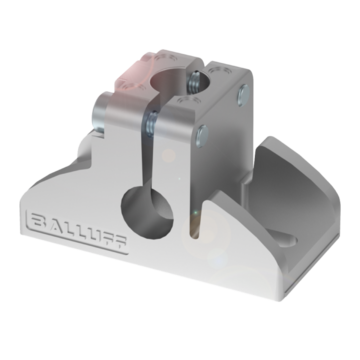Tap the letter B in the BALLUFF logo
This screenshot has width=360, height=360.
pyautogui.click(x=39, y=221)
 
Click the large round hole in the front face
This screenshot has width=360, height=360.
pyautogui.click(x=147, y=212)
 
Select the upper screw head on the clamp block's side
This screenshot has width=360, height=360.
pyautogui.click(x=243, y=95)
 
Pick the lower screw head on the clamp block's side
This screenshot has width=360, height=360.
pyautogui.click(x=202, y=136)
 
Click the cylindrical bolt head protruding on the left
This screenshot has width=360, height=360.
pyautogui.click(x=100, y=112)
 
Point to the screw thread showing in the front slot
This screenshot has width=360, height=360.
pyautogui.click(x=152, y=123)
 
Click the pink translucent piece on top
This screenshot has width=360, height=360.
pyautogui.click(x=132, y=73)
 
